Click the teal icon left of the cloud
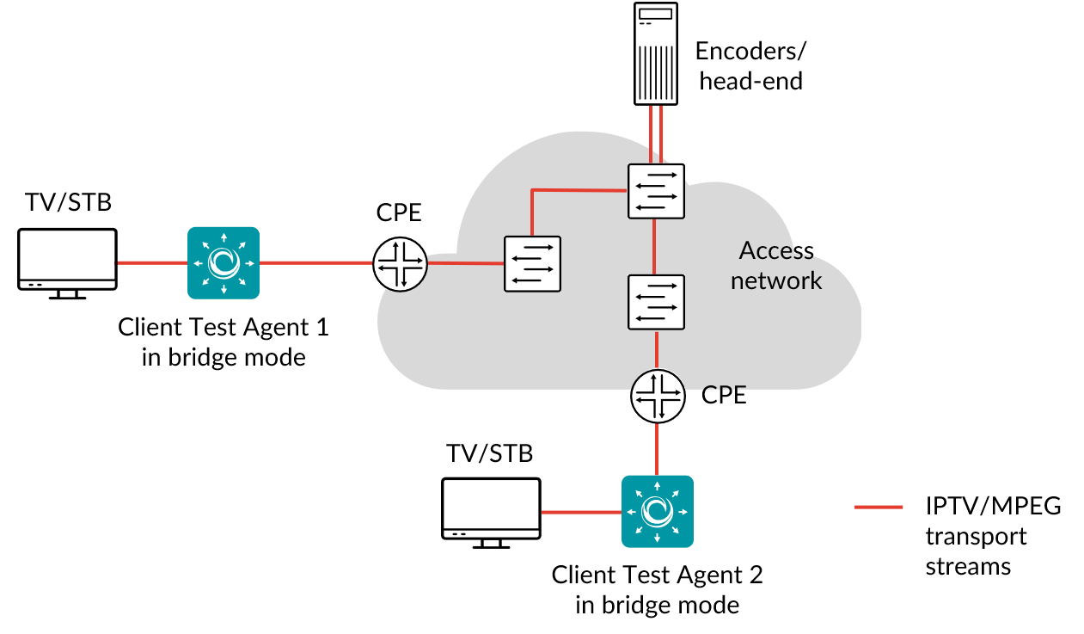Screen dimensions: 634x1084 point(224,262)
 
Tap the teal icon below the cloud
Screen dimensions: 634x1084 point(658,511)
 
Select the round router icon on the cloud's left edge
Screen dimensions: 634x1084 point(401,263)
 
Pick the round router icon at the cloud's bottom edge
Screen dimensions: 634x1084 point(658,396)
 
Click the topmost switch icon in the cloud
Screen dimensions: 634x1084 point(656,191)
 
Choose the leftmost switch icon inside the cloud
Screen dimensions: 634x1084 point(532,264)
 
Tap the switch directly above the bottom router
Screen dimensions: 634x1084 point(656,302)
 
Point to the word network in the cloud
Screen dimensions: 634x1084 point(776,280)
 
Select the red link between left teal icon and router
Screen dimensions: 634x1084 point(315,262)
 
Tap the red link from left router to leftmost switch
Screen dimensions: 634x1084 point(465,263)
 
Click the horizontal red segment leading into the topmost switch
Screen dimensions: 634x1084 point(579,190)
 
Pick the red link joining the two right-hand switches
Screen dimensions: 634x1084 point(654,247)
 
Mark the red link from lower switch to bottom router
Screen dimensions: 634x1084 point(657,349)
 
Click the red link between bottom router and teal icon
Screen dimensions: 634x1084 point(657,449)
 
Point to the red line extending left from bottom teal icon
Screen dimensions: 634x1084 point(581,512)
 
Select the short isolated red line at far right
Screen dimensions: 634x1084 point(879,507)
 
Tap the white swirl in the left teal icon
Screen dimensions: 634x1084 point(224,262)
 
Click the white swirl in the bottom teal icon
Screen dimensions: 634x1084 point(658,511)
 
